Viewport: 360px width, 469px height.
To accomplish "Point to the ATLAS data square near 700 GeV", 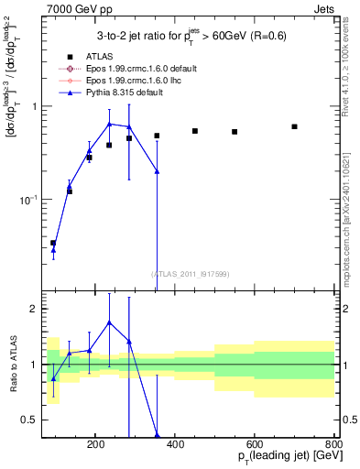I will pyautogui.click(x=294, y=126).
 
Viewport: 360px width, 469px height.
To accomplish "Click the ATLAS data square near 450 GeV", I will pyautogui.click(x=195, y=131).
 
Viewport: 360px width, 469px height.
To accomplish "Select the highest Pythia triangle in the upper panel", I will pyautogui.click(x=109, y=124).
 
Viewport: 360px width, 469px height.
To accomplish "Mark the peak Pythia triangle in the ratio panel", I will pyautogui.click(x=109, y=322).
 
